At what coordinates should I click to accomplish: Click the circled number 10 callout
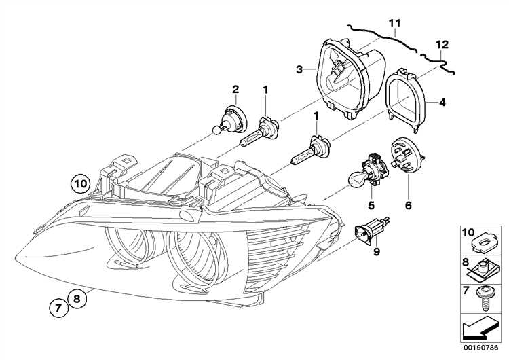(80, 184)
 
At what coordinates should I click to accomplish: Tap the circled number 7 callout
(59, 308)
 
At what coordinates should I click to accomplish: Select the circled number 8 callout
(77, 298)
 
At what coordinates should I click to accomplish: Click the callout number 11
(395, 23)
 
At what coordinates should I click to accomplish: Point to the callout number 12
(442, 45)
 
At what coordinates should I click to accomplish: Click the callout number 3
(299, 69)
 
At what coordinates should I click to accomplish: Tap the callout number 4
(442, 103)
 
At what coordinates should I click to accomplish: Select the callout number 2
(235, 89)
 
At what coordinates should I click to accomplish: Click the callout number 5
(371, 205)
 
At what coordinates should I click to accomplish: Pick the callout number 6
(409, 205)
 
